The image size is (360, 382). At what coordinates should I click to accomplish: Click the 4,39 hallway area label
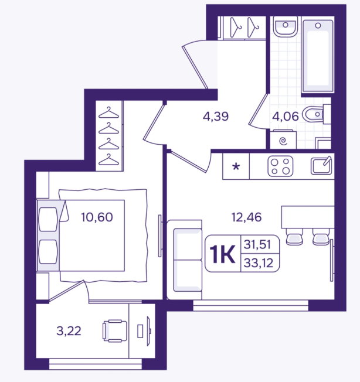tap(216, 117)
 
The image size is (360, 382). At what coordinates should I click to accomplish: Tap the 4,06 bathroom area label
tap(285, 117)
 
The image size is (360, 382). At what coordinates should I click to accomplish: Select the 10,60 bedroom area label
tap(97, 217)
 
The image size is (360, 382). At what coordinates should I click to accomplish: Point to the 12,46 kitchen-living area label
tap(246, 217)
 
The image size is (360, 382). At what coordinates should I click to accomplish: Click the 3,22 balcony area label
tap(69, 331)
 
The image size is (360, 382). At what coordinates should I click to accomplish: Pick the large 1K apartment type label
tap(223, 254)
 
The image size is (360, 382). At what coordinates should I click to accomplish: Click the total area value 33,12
tap(259, 263)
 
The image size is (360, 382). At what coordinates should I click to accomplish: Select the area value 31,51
tap(257, 244)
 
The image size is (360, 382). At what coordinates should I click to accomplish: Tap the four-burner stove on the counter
tap(280, 166)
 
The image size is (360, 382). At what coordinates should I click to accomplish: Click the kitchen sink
tap(321, 166)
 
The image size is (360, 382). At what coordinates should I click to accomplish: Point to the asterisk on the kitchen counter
tap(236, 167)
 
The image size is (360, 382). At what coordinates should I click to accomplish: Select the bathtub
tap(318, 56)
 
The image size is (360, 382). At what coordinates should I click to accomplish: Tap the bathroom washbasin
tap(286, 26)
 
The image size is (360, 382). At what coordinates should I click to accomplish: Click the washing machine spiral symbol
tap(283, 141)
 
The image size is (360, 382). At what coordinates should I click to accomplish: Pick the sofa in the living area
tap(185, 260)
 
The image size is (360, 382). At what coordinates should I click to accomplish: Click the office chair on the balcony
tap(115, 331)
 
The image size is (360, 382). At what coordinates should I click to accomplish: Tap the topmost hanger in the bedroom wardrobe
tap(108, 112)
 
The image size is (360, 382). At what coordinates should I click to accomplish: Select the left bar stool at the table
tap(294, 237)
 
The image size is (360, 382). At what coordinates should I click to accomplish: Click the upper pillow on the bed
tap(48, 219)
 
